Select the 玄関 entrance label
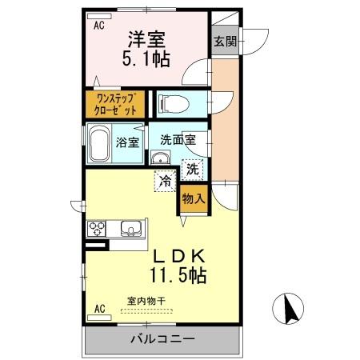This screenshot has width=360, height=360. [223, 42]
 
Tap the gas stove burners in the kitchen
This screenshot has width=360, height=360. [98, 230]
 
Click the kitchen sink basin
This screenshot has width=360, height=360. [130, 230]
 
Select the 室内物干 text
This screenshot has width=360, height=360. [146, 302]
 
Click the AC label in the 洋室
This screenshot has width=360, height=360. [99, 26]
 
